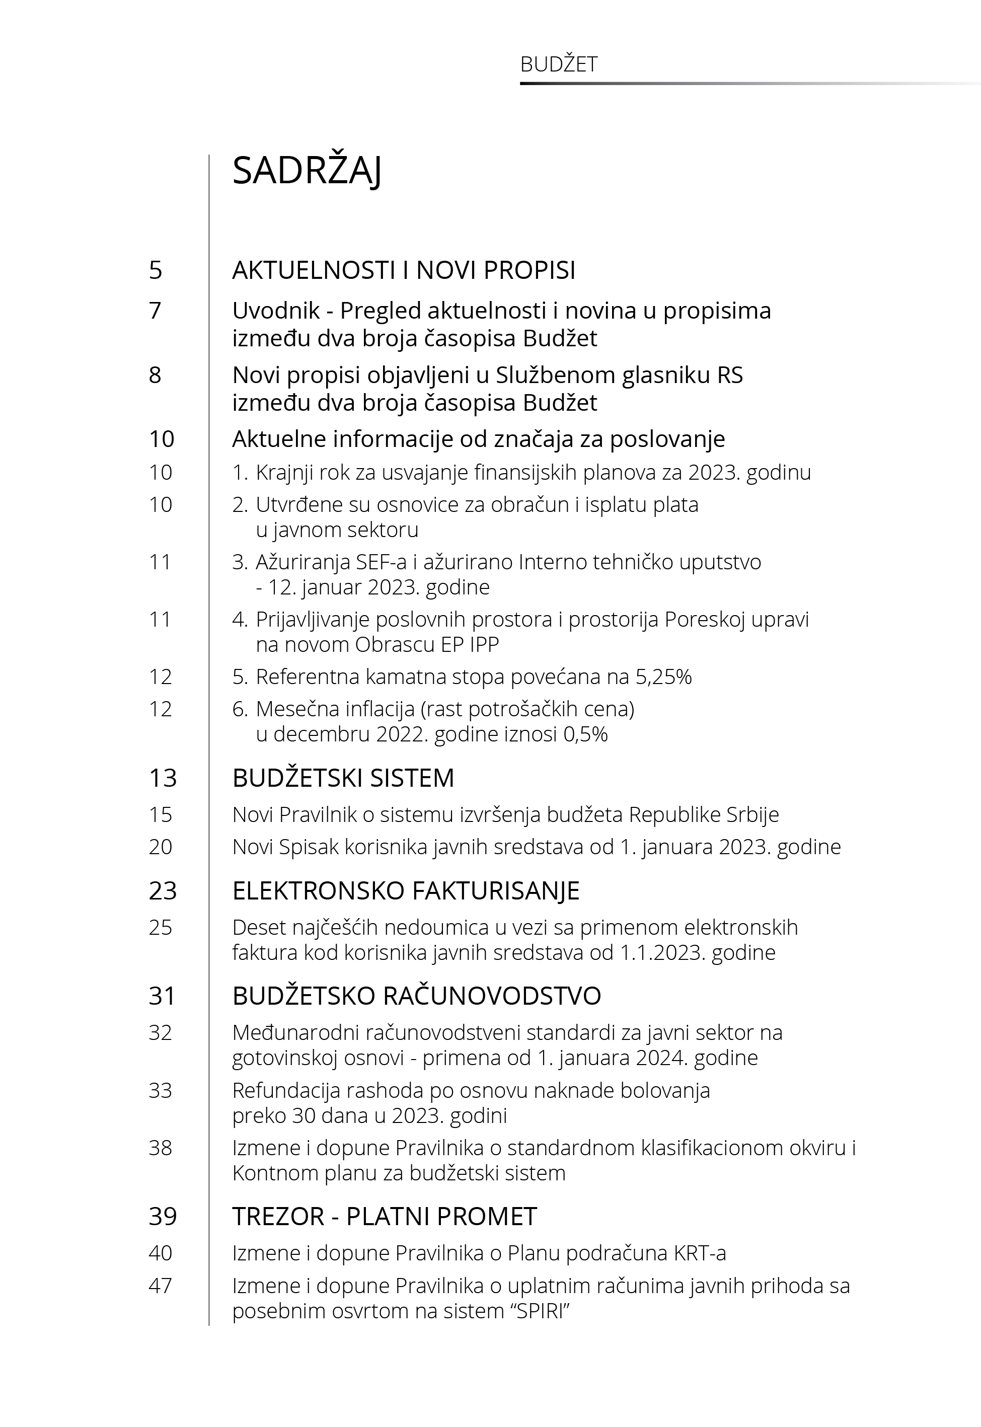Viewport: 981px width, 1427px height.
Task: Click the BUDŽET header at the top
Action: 558,64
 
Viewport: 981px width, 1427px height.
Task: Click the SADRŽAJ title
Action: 307,170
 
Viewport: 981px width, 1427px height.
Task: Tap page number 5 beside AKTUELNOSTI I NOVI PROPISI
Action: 156,270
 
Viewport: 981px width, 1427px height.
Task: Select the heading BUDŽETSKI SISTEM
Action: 343,778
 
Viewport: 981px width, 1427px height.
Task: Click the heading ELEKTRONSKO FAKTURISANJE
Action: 406,890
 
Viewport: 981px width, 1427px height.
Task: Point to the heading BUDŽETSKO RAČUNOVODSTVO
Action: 416,996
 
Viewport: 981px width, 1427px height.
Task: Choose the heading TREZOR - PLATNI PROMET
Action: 384,1216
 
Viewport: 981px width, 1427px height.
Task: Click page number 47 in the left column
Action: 161,1286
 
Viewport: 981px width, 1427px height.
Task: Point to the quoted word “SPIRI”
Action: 543,1311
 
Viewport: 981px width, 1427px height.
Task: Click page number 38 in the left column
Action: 161,1147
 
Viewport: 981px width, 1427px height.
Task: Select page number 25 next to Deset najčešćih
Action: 161,927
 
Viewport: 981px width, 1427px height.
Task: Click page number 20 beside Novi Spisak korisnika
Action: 161,847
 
